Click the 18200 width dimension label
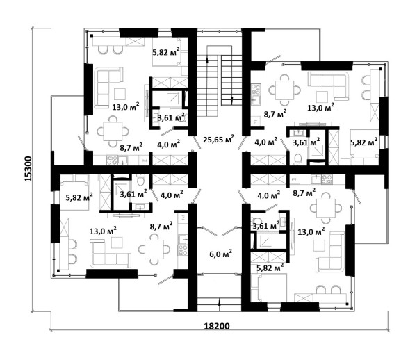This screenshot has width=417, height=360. point(217,326)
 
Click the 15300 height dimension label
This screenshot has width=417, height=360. point(28,169)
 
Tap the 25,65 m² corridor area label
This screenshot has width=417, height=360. point(219,139)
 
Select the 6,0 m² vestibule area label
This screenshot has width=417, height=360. point(221,254)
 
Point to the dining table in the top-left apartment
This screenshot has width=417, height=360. point(113,131)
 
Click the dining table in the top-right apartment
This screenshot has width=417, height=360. point(284,90)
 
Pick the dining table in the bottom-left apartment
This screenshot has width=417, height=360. point(154,249)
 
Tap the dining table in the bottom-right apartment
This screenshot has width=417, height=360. point(326,208)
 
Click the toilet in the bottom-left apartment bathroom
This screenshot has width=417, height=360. point(140,180)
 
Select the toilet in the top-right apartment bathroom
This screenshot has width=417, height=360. point(298,160)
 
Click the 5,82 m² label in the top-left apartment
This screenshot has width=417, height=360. point(166,52)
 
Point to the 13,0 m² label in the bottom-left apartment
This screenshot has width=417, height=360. point(103,231)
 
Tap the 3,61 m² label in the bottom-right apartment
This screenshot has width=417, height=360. point(266,226)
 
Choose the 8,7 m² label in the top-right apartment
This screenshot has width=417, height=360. point(275,114)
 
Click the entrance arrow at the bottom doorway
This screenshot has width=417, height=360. point(219,303)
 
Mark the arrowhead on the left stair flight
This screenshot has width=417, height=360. point(207,60)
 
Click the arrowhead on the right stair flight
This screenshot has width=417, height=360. point(231,99)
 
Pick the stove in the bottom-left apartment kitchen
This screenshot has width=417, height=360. point(183,250)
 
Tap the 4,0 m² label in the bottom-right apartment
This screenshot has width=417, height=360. point(268,195)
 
